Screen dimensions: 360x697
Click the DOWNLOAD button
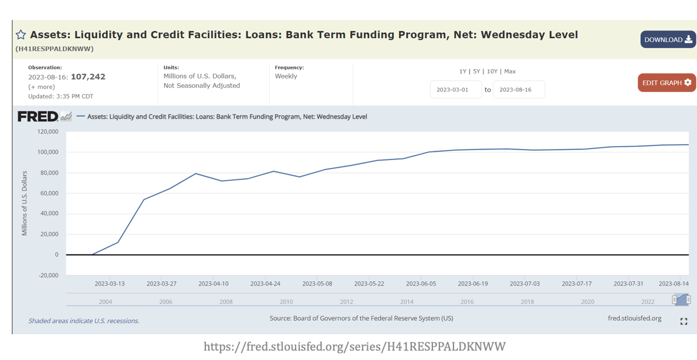tap(668, 39)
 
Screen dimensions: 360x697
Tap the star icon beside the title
tap(21, 35)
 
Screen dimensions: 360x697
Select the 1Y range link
tap(462, 72)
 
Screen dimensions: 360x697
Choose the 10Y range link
tap(492, 72)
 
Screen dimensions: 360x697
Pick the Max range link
tap(510, 72)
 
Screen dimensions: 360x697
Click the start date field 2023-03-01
tap(456, 90)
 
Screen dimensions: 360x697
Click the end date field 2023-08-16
tap(519, 90)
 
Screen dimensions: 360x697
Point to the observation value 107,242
tap(88, 77)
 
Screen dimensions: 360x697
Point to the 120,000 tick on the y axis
tap(48, 132)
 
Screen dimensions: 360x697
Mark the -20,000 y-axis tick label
tap(48, 275)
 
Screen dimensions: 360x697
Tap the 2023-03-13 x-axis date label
tap(110, 284)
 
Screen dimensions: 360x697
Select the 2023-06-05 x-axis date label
tap(421, 284)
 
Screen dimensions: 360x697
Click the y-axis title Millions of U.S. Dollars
tap(25, 203)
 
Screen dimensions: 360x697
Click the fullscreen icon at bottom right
tap(684, 321)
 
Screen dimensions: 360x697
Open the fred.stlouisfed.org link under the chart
tap(634, 318)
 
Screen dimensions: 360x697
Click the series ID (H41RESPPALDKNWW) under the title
tap(55, 49)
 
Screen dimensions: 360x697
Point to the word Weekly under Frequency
tap(286, 76)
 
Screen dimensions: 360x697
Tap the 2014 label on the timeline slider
tap(407, 302)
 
